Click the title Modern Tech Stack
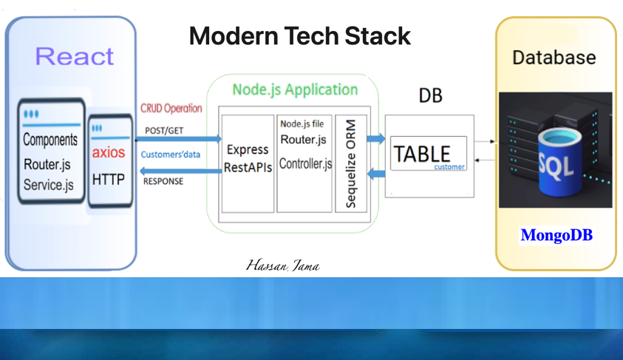pyautogui.click(x=299, y=35)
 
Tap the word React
pyautogui.click(x=74, y=56)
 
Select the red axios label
pyautogui.click(x=109, y=152)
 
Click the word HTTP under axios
pyautogui.click(x=109, y=180)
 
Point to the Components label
pyautogui.click(x=50, y=140)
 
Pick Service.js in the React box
pyautogui.click(x=49, y=185)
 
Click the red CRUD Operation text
pyautogui.click(x=171, y=108)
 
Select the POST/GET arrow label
pyautogui.click(x=164, y=131)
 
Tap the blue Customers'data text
pyautogui.click(x=171, y=154)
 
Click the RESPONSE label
pyautogui.click(x=163, y=181)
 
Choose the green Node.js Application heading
pyautogui.click(x=295, y=89)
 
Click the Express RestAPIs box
pyautogui.click(x=248, y=159)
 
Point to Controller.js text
pyautogui.click(x=305, y=163)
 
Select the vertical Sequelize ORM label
pyautogui.click(x=351, y=163)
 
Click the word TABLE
pyautogui.click(x=422, y=153)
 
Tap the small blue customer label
pyautogui.click(x=449, y=167)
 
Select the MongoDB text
pyautogui.click(x=556, y=235)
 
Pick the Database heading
pyautogui.click(x=554, y=58)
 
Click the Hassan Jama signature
pyautogui.click(x=282, y=265)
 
